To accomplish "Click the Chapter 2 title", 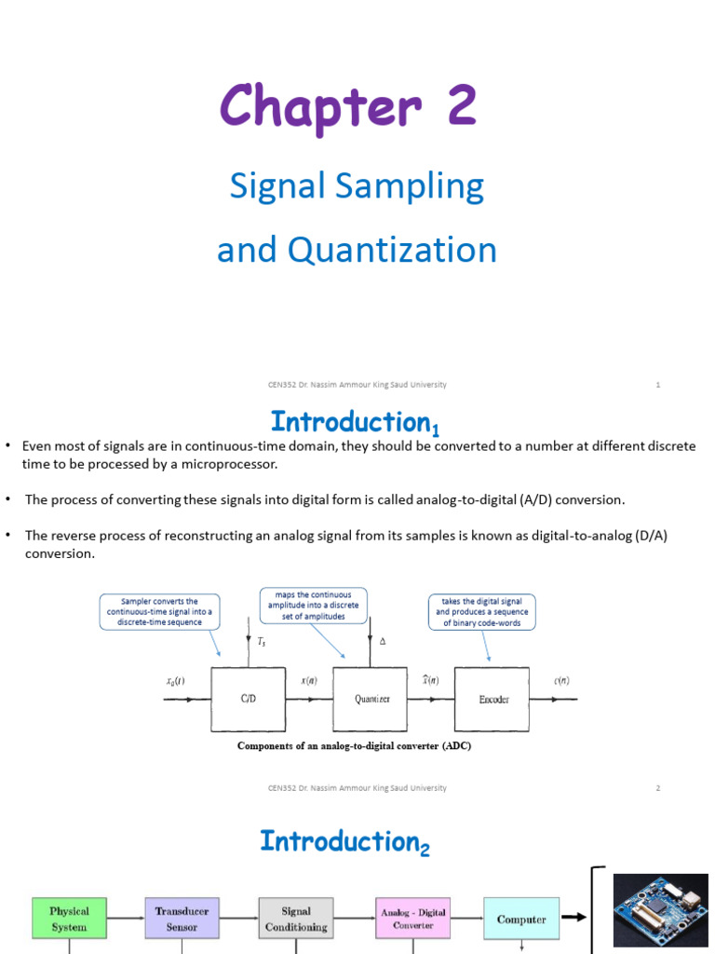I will (x=348, y=106).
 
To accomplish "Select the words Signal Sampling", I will (x=357, y=186).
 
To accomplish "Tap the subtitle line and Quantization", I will (x=357, y=250).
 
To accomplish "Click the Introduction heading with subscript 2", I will (x=344, y=841).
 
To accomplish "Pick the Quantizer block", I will (x=371, y=700).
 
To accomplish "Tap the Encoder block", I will (x=492, y=700).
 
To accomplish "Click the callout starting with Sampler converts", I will (x=160, y=611).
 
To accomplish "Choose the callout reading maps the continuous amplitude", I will (x=313, y=605).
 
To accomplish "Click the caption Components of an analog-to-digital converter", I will (x=347, y=745).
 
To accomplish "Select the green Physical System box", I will (x=70, y=919).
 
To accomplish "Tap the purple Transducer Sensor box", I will (x=182, y=919).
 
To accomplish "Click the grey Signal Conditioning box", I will (x=296, y=919).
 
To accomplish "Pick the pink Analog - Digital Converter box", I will (x=412, y=919).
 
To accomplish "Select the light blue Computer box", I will (x=521, y=919).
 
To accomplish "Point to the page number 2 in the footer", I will (x=657, y=788).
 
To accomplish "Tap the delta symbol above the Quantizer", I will (x=384, y=642).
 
